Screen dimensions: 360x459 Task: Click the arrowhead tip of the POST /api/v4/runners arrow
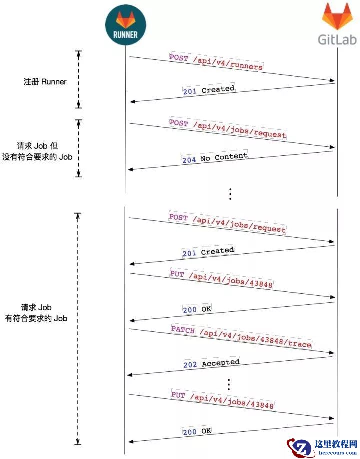point(335,81)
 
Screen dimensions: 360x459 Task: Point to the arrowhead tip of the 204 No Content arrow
point(128,170)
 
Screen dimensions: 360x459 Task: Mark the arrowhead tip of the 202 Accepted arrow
point(127,375)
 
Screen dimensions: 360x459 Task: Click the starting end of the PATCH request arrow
point(129,329)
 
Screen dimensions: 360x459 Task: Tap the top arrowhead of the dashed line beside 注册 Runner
point(78,51)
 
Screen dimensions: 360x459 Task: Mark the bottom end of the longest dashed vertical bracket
point(78,444)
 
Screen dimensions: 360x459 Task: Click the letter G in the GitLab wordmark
point(323,40)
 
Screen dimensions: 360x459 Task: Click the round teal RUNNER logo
point(126,25)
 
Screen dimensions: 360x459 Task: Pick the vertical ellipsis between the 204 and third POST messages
point(230,194)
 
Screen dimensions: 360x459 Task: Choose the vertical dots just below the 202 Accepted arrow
point(229,384)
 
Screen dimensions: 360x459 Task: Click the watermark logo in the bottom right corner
point(322,447)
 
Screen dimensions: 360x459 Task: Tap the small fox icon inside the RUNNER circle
point(126,20)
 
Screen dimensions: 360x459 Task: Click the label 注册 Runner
point(45,82)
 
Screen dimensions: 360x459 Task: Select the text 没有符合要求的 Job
point(37,157)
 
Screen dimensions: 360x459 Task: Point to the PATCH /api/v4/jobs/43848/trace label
point(241,337)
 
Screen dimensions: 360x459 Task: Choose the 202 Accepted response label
point(211,363)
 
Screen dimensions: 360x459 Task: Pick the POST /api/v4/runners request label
point(216,62)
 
